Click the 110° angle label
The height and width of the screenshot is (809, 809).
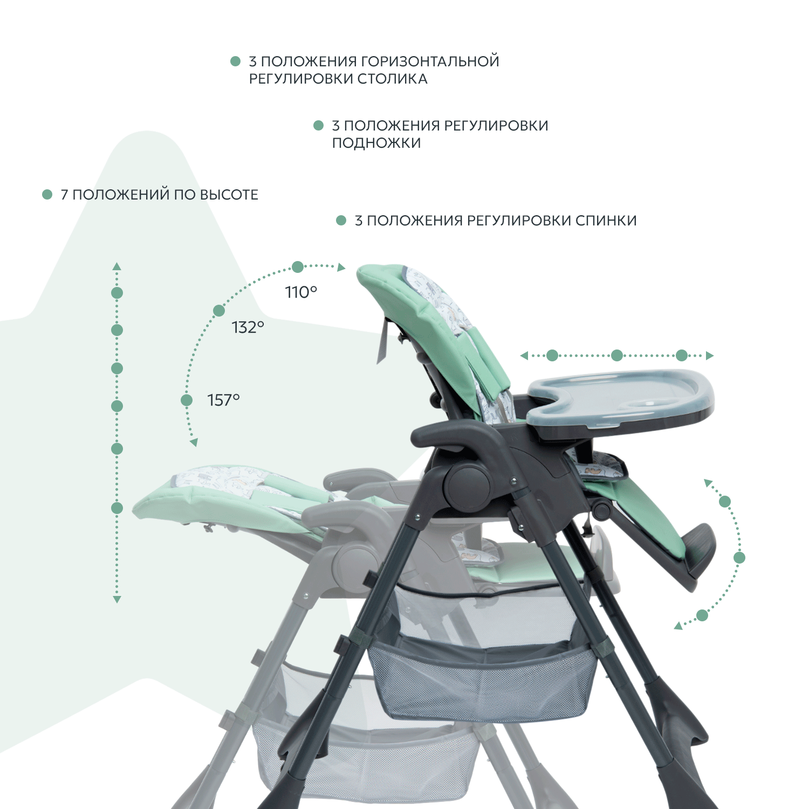[x=301, y=292]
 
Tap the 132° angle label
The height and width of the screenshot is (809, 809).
[x=248, y=327]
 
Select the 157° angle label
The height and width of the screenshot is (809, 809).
[x=223, y=400]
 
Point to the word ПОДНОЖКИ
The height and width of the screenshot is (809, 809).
[x=376, y=143]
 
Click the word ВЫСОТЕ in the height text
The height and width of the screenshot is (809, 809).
[x=229, y=194]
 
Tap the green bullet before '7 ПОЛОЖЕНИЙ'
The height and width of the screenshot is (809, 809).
[x=47, y=194]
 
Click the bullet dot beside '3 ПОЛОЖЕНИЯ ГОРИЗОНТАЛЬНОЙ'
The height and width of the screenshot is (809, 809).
[x=235, y=61]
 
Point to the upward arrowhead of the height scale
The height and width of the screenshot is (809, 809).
[x=116, y=266]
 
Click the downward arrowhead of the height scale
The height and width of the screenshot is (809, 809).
[x=116, y=599]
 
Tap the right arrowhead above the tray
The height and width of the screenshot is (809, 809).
[x=710, y=355]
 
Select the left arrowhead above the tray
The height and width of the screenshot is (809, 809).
[x=524, y=355]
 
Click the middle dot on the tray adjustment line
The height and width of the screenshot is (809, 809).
[x=617, y=355]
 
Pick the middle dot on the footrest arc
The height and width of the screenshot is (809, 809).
[x=739, y=558]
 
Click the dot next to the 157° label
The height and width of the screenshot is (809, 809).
[x=187, y=400]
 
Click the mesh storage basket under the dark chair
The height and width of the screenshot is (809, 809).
[x=483, y=677]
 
